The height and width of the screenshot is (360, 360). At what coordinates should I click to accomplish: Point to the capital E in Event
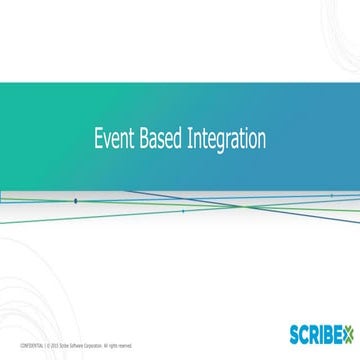(x=97, y=137)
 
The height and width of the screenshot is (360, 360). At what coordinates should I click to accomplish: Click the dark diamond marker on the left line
(x=76, y=200)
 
